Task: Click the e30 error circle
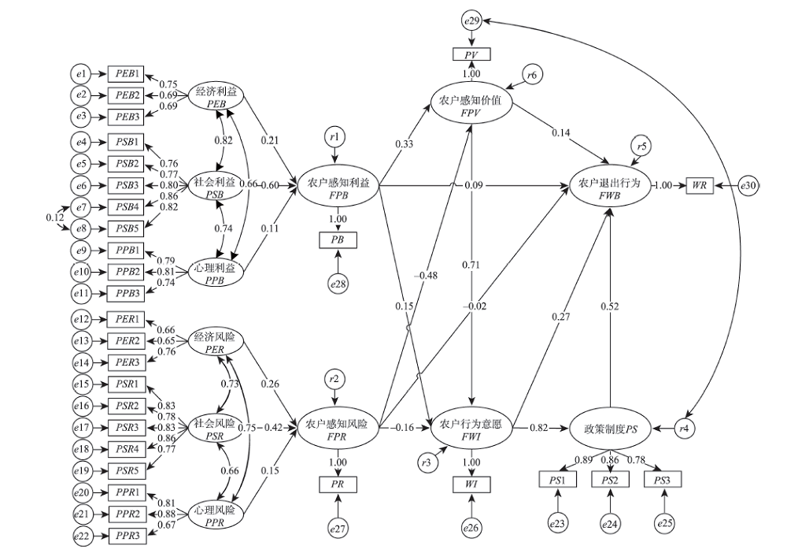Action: tap(748, 185)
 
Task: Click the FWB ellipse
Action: tap(609, 187)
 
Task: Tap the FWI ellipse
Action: tap(472, 429)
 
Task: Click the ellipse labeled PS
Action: tap(610, 429)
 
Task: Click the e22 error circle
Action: tap(82, 537)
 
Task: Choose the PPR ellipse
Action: tap(215, 517)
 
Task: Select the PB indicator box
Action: tap(338, 238)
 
